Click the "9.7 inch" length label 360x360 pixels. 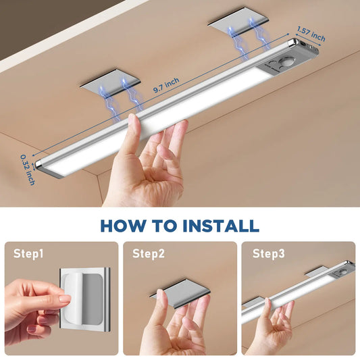[165, 83]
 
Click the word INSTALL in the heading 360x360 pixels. [220, 225]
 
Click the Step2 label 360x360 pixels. [148, 254]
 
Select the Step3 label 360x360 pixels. [268, 254]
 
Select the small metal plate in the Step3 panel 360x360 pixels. [320, 271]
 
